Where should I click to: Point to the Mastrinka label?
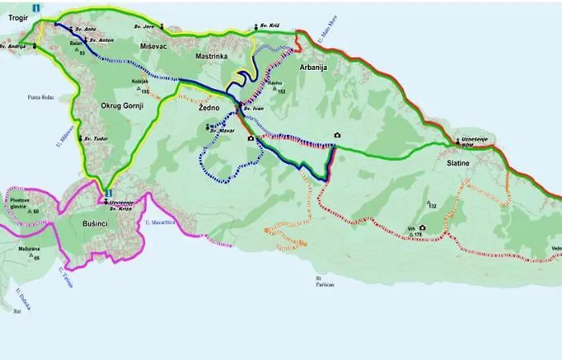tap(213, 57)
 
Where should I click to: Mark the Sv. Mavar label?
tap(221, 129)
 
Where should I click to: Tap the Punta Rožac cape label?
tap(40, 98)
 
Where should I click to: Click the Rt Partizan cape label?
tap(324, 281)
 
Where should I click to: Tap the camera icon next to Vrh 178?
tap(422, 228)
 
